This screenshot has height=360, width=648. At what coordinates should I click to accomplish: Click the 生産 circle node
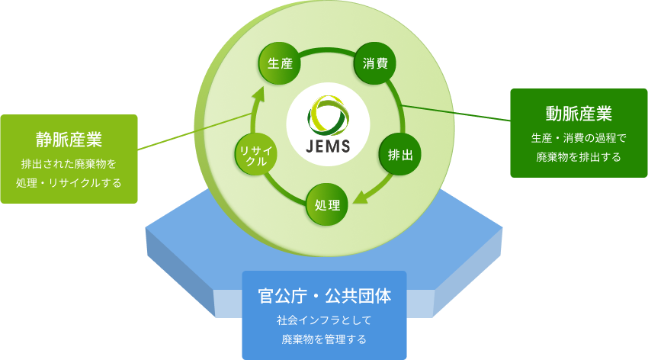281,64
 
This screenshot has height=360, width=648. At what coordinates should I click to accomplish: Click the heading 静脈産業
69,140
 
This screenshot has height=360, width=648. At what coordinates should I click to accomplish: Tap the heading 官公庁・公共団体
324,296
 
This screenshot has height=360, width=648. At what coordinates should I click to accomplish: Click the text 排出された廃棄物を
69,163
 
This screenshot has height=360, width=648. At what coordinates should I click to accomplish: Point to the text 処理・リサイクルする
69,183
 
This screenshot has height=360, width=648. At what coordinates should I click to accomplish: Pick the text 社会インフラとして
324,320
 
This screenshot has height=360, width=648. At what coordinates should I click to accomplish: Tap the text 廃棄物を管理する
324,339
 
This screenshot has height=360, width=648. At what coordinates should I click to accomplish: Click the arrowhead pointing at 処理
360,199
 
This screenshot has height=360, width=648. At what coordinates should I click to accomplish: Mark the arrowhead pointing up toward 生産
259,94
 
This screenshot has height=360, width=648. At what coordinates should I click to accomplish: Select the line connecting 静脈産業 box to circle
194,130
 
